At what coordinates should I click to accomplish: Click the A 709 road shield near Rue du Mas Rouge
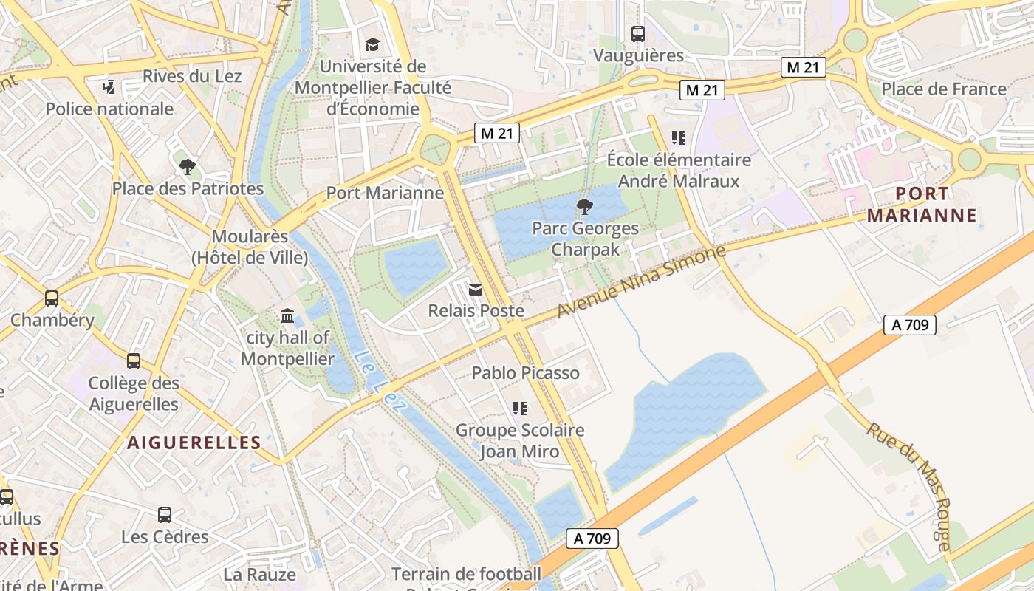pos(909,324)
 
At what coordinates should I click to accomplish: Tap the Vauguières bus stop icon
pos(637,33)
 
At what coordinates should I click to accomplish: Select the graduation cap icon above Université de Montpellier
pos(372,45)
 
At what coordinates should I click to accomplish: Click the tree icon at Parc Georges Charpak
pos(584,206)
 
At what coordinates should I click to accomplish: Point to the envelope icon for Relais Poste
pos(476,290)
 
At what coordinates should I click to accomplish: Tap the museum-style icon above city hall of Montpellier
pos(287,317)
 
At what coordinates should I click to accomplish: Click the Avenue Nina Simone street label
pos(641,281)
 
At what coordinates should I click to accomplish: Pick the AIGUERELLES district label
pos(194,443)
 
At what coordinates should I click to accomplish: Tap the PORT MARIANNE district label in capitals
pos(922,205)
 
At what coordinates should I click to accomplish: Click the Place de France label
pos(944,89)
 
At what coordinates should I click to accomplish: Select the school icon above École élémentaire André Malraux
pos(678,137)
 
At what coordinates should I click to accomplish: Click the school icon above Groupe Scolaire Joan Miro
pos(519,408)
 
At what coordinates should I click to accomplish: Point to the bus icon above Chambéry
pos(52,298)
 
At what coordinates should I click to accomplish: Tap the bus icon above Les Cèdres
pos(165,514)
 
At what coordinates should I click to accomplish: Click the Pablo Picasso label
pos(525,373)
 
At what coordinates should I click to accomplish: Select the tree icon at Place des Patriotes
pos(188,167)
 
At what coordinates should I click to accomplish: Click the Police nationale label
pos(109,109)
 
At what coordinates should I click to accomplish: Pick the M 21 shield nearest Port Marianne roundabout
pos(496,134)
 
